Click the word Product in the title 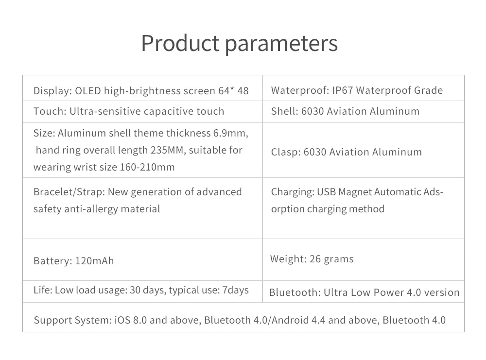tap(180, 43)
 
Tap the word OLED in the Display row tap(88, 91)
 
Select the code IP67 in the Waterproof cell tap(343, 90)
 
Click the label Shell tap(284, 111)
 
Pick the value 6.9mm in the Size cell tap(230, 133)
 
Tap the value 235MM tap(168, 150)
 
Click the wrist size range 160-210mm tap(147, 167)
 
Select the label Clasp tap(286, 152)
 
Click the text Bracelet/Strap tap(69, 192)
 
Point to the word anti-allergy tap(91, 209)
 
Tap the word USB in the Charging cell tap(326, 192)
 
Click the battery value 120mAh tap(95, 261)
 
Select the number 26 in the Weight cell tap(315, 259)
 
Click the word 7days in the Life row tap(236, 291)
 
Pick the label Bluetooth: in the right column tap(295, 292)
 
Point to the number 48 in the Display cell tap(243, 91)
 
